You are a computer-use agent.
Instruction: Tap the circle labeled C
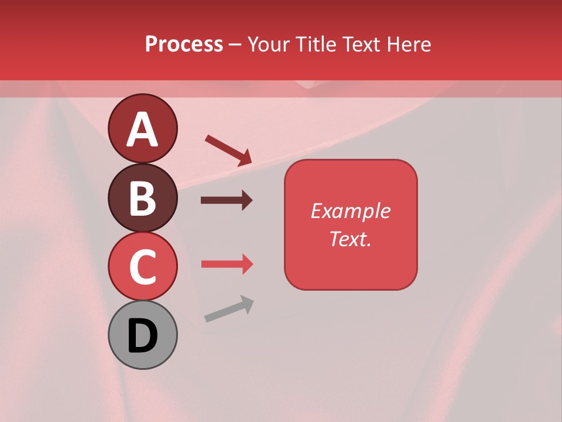click(x=142, y=267)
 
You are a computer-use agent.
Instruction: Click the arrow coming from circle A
click(x=228, y=150)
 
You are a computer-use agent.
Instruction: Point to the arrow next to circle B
click(x=227, y=200)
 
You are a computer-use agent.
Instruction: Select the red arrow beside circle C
click(x=227, y=264)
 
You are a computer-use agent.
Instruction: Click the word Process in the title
click(x=184, y=44)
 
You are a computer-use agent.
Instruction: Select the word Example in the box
click(x=351, y=211)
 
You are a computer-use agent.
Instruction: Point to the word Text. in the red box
click(x=351, y=239)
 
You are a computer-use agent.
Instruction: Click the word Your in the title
click(x=268, y=44)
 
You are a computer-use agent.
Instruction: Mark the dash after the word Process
click(x=235, y=45)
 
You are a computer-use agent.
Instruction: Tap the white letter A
click(x=142, y=130)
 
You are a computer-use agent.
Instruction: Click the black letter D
click(x=142, y=336)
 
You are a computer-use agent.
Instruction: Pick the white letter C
click(x=142, y=267)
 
